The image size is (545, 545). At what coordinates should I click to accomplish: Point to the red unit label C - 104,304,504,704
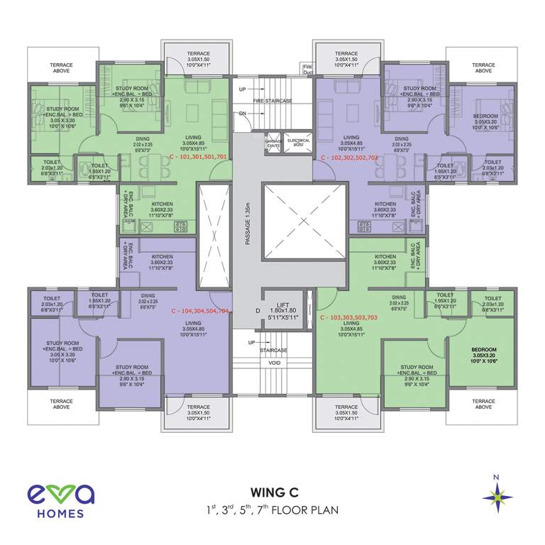(200, 311)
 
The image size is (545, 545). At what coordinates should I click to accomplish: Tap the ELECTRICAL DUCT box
(298, 142)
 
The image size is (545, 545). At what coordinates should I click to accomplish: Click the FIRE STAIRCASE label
(272, 101)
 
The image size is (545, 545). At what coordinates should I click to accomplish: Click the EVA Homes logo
(57, 500)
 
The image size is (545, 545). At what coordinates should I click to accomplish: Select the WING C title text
(272, 491)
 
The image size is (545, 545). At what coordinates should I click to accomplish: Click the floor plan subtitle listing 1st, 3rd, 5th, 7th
(272, 509)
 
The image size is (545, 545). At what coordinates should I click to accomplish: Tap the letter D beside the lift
(248, 310)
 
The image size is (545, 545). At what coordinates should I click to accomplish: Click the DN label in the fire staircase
(243, 113)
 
